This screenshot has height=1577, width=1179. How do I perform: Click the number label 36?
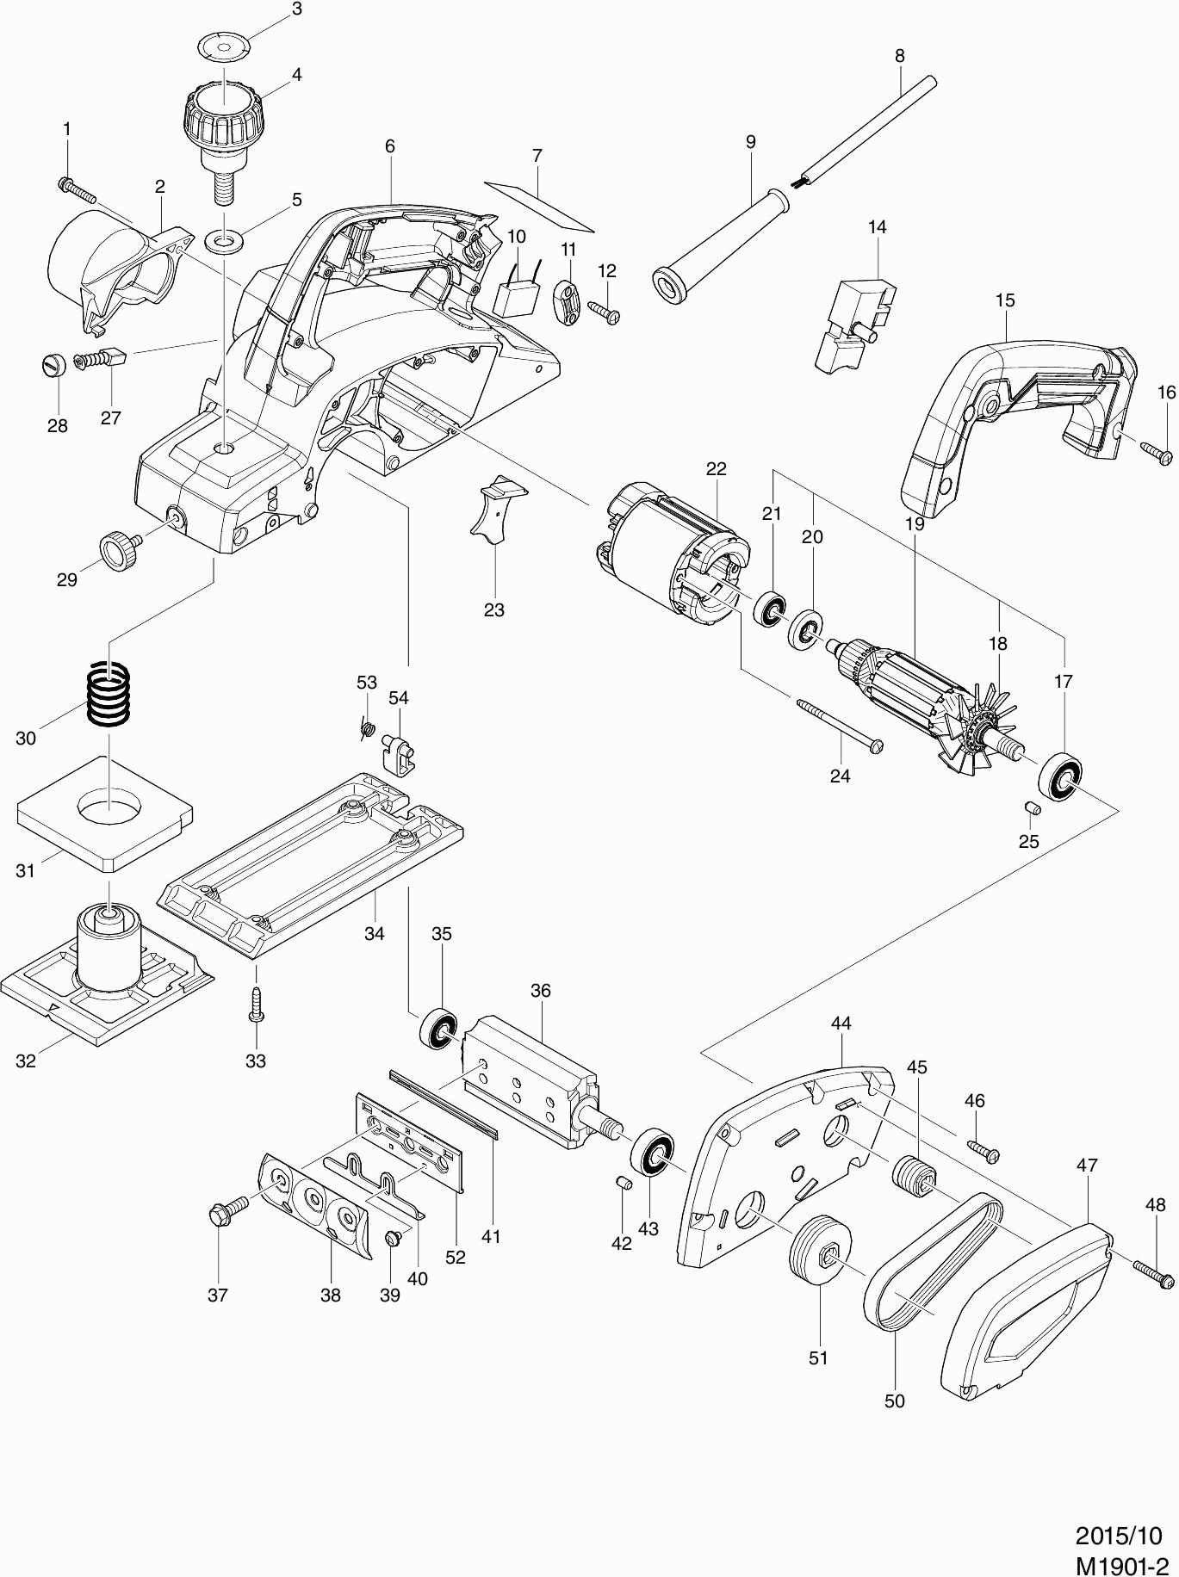coord(540,991)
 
